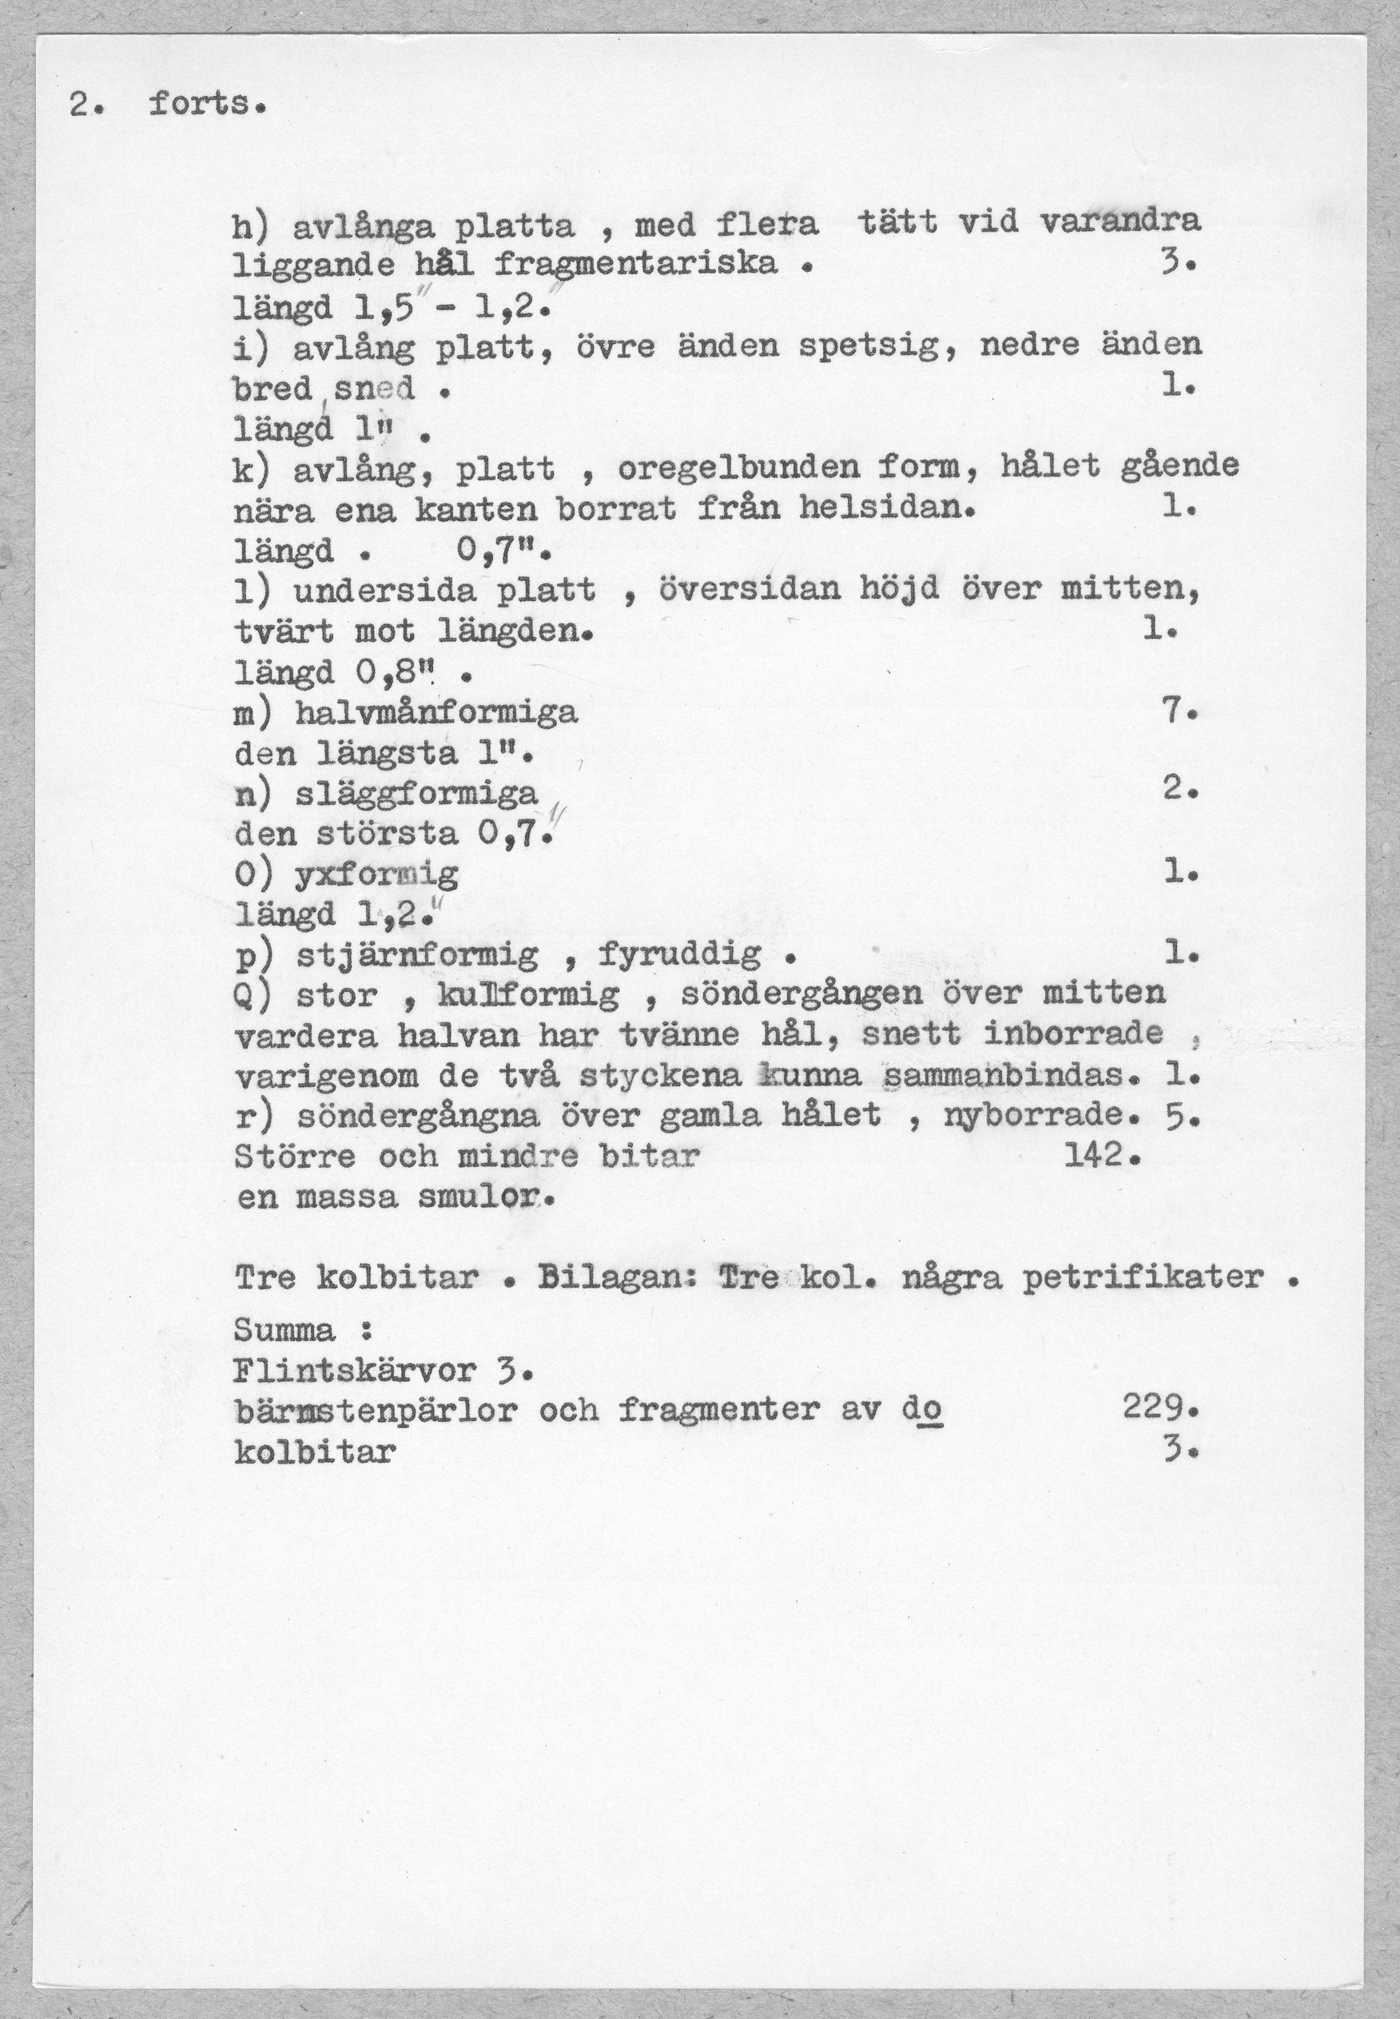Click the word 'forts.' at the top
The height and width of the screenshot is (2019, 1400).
206,106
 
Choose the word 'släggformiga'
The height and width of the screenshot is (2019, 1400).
416,794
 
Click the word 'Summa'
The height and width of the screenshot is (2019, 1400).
284,1330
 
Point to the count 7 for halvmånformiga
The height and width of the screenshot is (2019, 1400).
1173,712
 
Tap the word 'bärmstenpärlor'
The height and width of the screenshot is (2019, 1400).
376,1410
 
